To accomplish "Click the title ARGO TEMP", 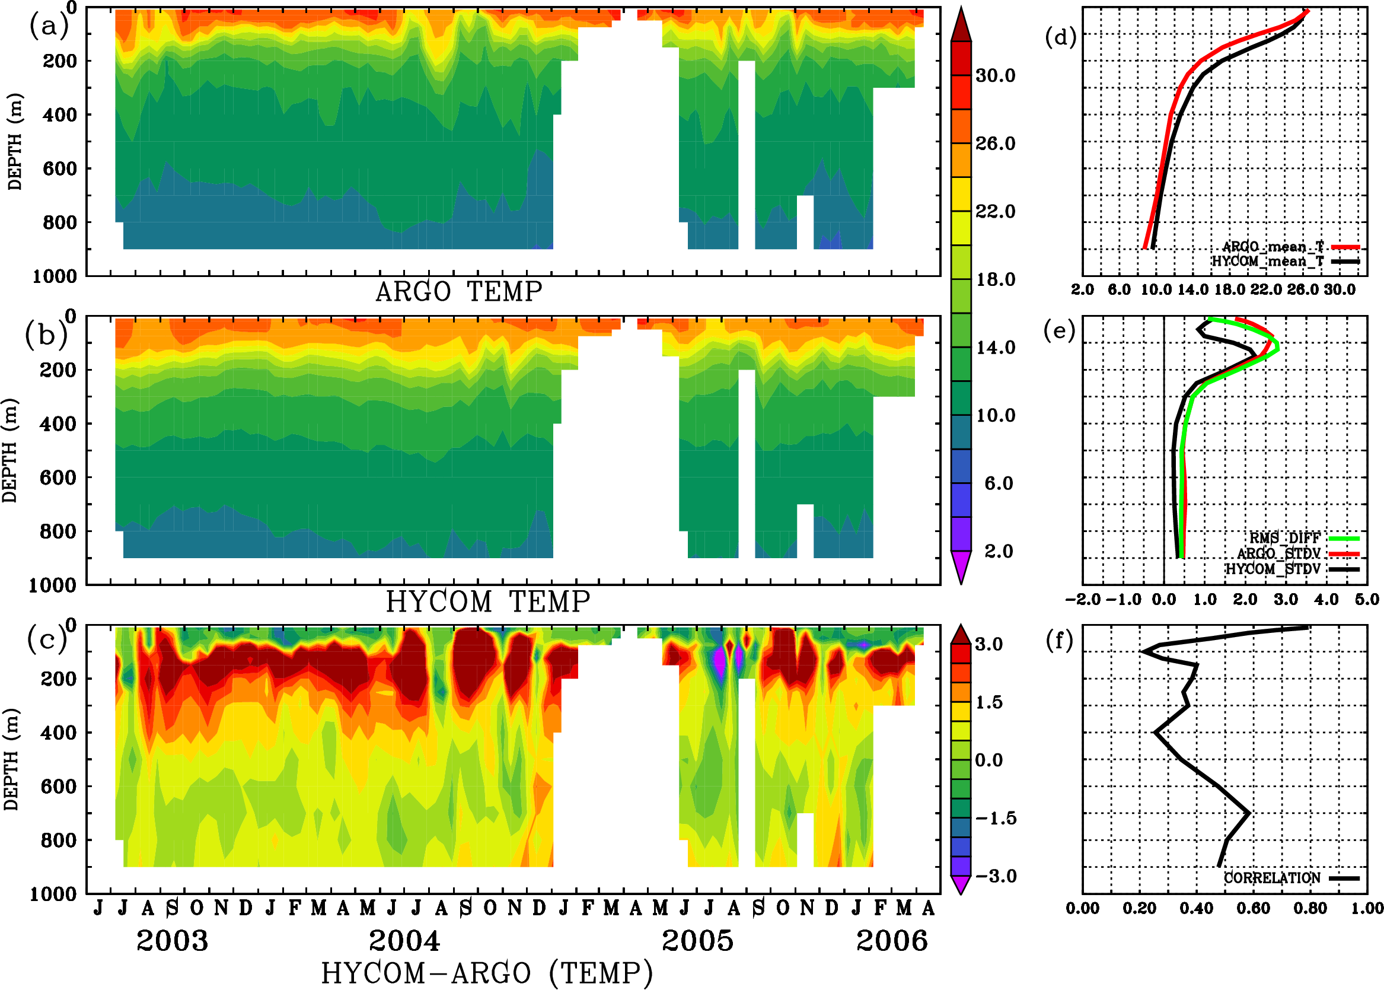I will [458, 292].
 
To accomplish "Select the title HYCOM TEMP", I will [487, 601].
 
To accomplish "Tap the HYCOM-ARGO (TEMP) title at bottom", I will [486, 973].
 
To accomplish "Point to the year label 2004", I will [404, 941].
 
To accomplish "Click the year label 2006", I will [892, 941].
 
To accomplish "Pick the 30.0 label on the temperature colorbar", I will [995, 75].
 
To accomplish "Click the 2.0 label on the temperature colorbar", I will [999, 551].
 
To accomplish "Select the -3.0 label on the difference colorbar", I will [996, 876].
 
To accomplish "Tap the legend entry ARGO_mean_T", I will [1273, 247].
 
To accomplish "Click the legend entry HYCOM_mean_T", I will [1267, 262].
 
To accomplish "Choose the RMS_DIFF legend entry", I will [1284, 538].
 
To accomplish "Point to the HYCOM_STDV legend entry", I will [1273, 569].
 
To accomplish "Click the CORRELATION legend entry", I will [1272, 878].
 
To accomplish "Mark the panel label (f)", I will [1059, 640].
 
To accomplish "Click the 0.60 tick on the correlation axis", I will [1253, 909].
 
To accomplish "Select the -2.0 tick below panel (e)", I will [1082, 600].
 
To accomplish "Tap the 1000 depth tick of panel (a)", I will [55, 276].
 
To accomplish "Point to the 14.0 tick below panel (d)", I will [1192, 289].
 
